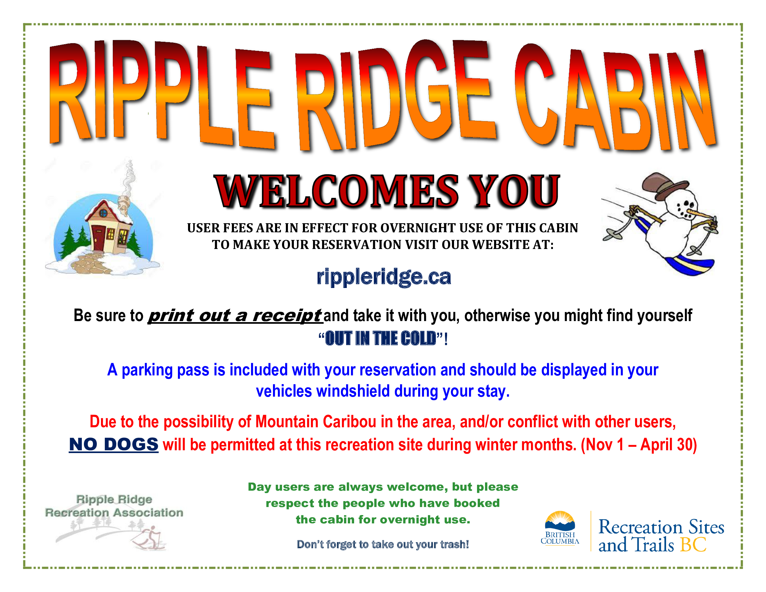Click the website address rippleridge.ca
point(383,277)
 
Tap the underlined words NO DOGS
point(113,444)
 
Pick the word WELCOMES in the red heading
point(337,192)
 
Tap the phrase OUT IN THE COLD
point(381,338)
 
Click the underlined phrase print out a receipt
point(235,315)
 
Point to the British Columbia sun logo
point(560,521)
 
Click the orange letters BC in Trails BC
point(693,545)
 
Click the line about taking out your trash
point(383,544)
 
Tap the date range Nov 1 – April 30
point(639,445)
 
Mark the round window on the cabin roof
point(103,213)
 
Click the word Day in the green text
point(259,487)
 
